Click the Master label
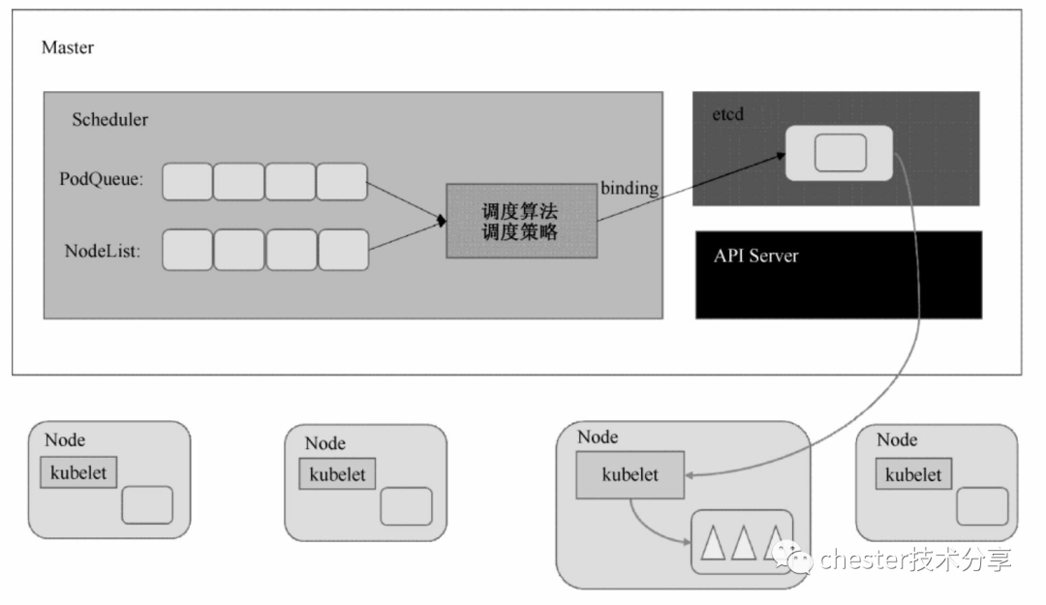(x=67, y=47)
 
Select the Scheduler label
(x=109, y=120)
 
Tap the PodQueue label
(x=102, y=179)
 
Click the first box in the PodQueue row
(x=187, y=182)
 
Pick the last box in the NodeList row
(x=343, y=250)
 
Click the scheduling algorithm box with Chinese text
(x=520, y=221)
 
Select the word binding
(x=629, y=189)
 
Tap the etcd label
(x=727, y=114)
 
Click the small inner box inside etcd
(x=839, y=153)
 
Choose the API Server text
(x=755, y=257)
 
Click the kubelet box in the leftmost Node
(x=78, y=473)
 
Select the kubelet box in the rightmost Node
(x=913, y=474)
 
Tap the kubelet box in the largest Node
(x=630, y=475)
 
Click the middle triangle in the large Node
(x=743, y=545)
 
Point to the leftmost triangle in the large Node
(x=714, y=545)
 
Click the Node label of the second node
(x=324, y=443)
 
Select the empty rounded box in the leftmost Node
(x=147, y=505)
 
